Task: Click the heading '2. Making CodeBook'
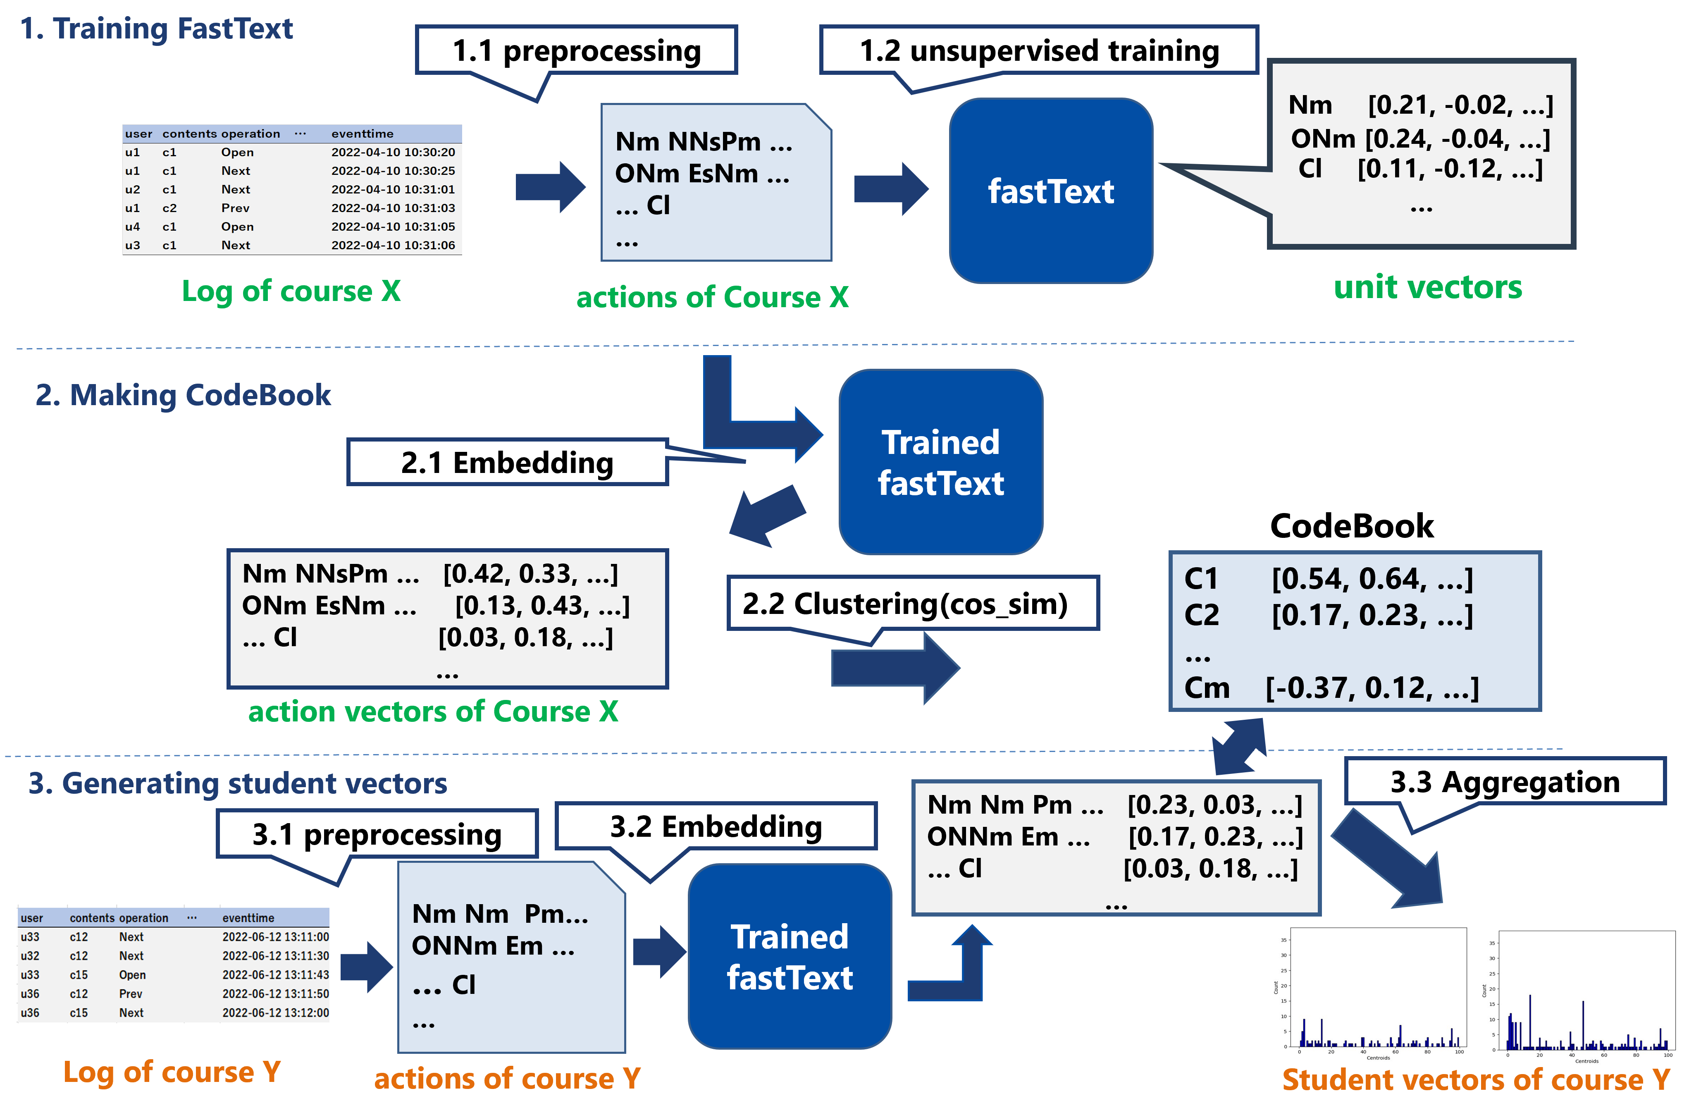(184, 395)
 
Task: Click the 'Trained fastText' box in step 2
(940, 462)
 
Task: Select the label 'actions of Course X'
(712, 297)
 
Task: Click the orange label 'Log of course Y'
(172, 1072)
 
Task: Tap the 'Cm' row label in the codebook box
(1206, 688)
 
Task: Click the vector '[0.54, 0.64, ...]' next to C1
(1372, 579)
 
